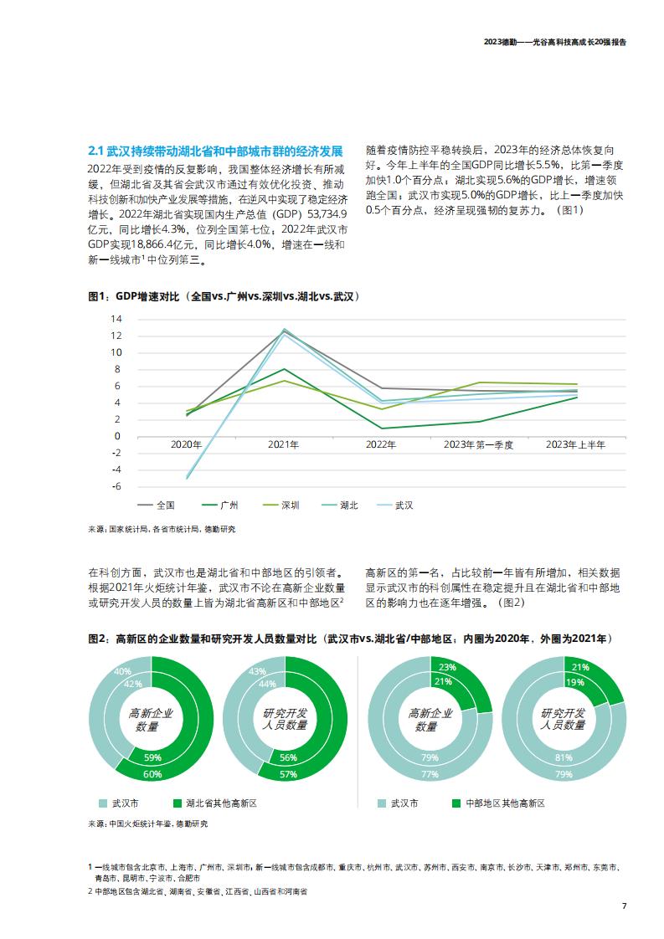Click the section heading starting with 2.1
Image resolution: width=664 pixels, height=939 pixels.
(216, 151)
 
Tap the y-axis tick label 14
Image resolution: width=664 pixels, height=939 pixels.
(116, 319)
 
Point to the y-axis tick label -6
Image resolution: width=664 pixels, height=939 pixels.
(116, 486)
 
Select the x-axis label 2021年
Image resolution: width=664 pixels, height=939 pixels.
(284, 444)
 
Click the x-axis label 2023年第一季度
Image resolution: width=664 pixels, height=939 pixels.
(478, 444)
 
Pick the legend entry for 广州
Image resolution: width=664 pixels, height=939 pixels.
(220, 505)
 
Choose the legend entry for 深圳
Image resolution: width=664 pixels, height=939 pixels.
(281, 505)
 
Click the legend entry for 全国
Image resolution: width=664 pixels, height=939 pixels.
(157, 505)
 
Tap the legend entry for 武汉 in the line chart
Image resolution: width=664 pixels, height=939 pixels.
(395, 505)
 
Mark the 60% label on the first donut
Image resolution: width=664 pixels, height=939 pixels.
(152, 774)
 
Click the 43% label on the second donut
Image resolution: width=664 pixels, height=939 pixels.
(257, 671)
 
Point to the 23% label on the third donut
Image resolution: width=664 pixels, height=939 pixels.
(447, 667)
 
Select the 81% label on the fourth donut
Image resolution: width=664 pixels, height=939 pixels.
(564, 757)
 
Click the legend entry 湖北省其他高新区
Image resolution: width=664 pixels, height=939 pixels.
(214, 803)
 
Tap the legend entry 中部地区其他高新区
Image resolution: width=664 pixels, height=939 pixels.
(498, 803)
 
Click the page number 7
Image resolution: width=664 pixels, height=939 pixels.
(625, 906)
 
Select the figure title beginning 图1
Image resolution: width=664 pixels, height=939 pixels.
(224, 296)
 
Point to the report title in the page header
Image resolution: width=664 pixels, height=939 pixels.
(555, 43)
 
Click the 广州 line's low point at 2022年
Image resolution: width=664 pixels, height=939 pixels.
(381, 428)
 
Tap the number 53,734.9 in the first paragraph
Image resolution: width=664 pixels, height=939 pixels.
(327, 213)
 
